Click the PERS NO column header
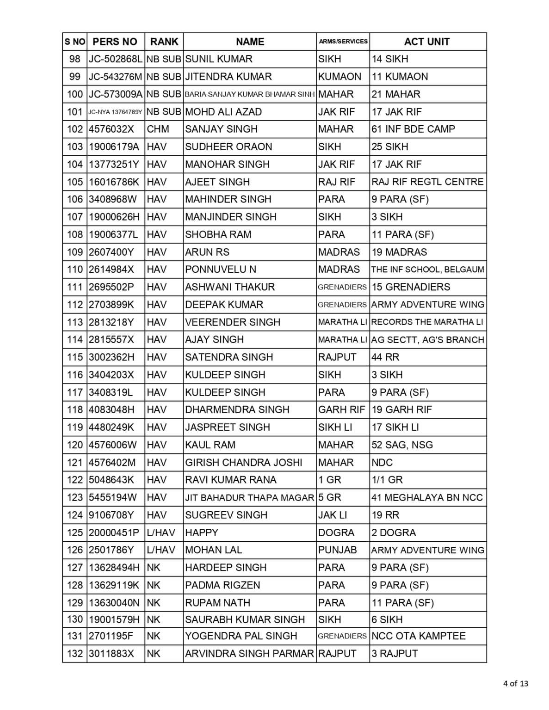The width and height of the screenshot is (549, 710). [115, 42]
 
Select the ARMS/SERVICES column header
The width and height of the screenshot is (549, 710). [343, 42]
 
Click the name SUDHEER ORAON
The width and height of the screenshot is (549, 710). [228, 147]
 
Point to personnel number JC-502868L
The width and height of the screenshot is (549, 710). [116, 59]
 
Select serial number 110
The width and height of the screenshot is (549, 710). [75, 269]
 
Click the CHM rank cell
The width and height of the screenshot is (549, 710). [158, 129]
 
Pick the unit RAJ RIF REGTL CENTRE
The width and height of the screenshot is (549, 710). [427, 182]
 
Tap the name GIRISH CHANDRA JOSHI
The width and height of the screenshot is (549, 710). [243, 462]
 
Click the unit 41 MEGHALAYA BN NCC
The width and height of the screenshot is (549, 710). [427, 497]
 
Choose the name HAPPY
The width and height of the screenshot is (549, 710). [202, 532]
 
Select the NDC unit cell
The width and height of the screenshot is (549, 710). [382, 462]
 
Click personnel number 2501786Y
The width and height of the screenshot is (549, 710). [111, 550]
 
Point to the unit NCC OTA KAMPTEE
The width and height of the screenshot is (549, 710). [419, 636]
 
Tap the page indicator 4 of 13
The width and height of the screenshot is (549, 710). [515, 684]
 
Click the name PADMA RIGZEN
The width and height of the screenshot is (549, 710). [222, 585]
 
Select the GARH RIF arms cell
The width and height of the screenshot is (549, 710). [341, 410]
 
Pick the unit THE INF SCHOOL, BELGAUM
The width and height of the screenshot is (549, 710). [427, 269]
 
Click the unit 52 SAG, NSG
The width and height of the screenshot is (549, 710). [402, 445]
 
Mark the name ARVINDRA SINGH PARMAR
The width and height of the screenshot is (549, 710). [249, 654]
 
